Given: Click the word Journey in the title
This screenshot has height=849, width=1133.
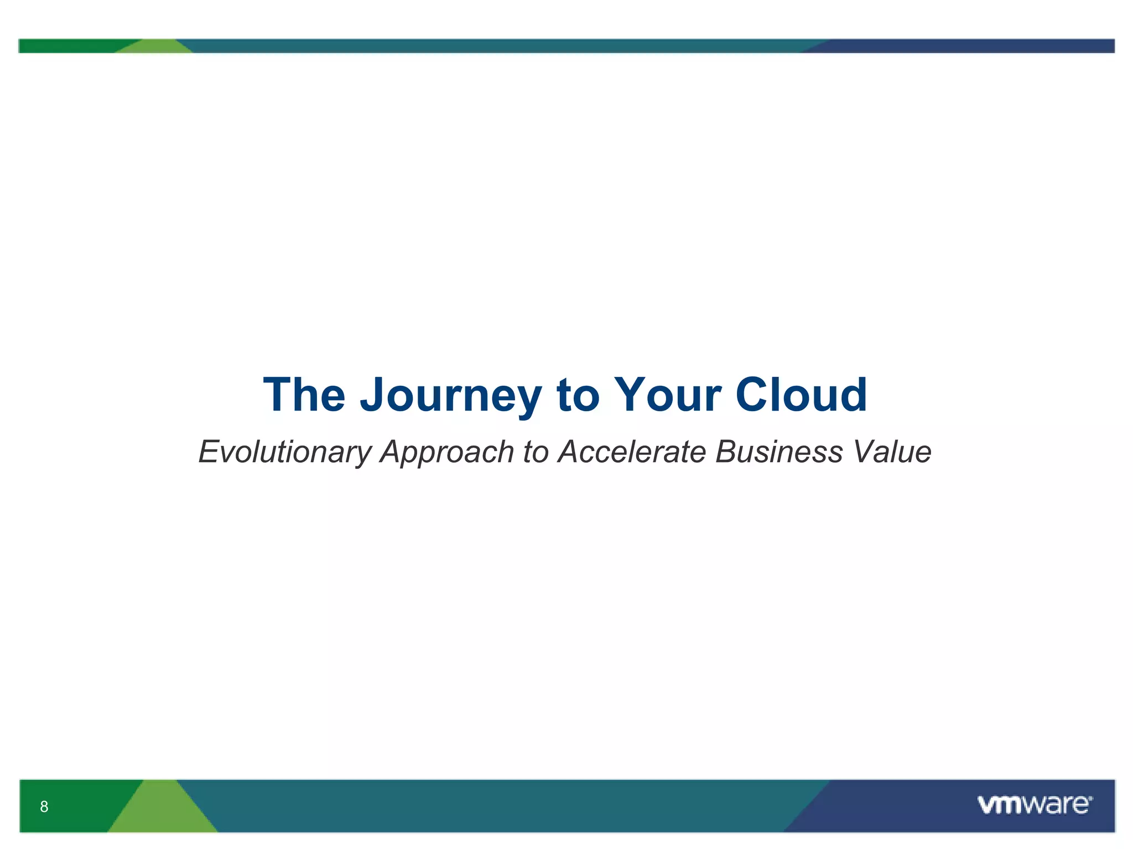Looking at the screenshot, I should pos(451,395).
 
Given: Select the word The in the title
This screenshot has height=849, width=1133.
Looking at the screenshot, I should pos(304,395).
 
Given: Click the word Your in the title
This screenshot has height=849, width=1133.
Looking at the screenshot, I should pos(668,395).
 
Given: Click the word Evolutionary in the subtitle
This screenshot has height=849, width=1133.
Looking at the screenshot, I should pos(284,452).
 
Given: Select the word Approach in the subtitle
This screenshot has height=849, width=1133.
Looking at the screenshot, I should pos(447,453).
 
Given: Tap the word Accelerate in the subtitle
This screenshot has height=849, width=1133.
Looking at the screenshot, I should pos(632,452).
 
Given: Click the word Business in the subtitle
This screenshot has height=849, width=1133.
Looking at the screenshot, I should pos(779,452).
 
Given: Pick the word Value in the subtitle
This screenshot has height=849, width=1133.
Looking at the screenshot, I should pos(892,452).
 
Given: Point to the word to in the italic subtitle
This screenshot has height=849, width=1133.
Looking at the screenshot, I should pos(535,452).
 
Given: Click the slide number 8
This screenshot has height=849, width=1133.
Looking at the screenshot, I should pos(44,806).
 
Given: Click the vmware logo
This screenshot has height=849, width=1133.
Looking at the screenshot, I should pos(1035,805).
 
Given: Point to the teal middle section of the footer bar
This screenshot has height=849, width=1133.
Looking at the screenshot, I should pos(498,805).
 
